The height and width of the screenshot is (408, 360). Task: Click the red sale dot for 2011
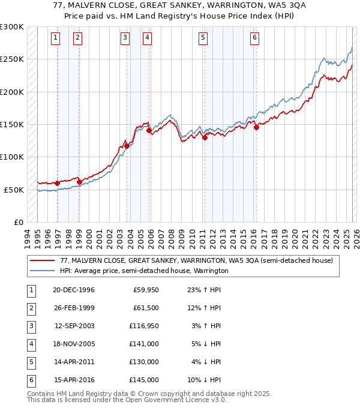[x=205, y=137]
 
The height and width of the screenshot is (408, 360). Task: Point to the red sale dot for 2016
[x=256, y=127]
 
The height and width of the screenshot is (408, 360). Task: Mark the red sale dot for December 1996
[x=58, y=183]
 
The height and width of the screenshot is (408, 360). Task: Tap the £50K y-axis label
[x=14, y=190]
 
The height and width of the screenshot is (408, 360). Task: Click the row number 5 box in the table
[x=31, y=362]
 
